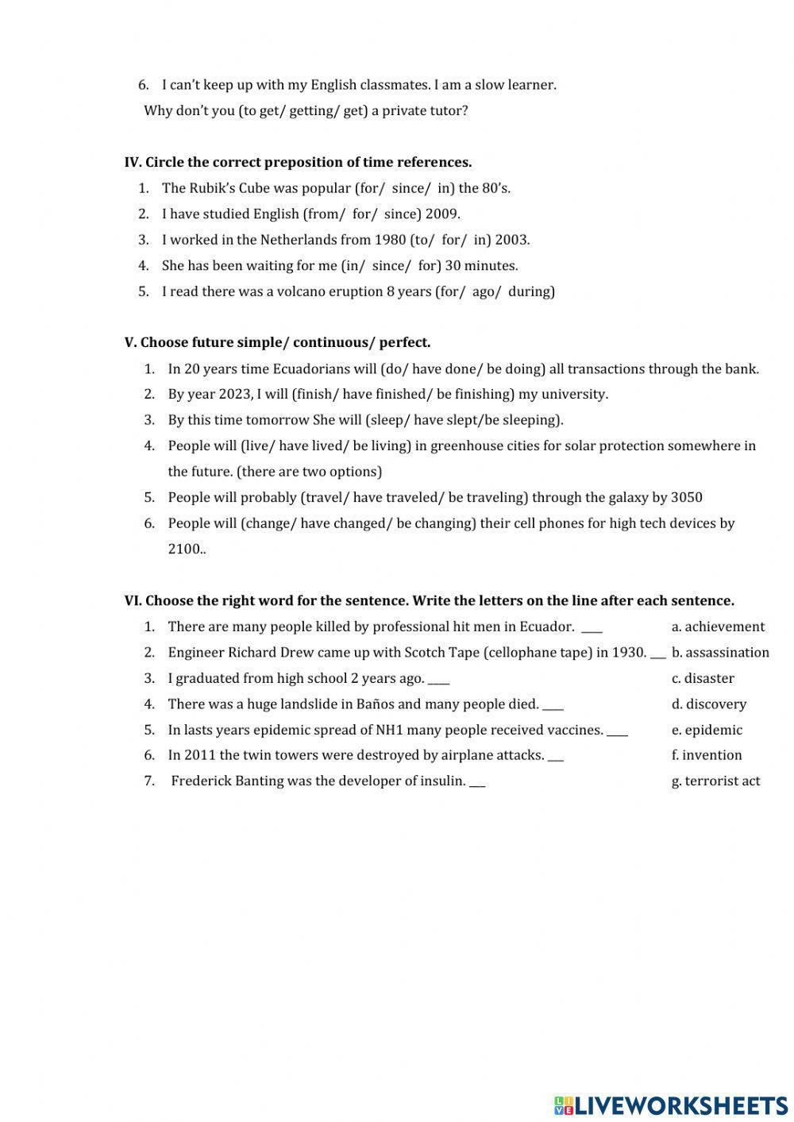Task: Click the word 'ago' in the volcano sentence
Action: tap(485, 291)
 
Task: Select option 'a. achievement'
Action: tap(718, 627)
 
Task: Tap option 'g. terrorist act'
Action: tap(715, 781)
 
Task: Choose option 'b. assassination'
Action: tap(720, 652)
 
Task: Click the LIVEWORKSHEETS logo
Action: tap(671, 1105)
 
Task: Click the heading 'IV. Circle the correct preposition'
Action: tap(298, 162)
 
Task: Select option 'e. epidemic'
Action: tap(707, 730)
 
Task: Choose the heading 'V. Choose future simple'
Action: tap(277, 342)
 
